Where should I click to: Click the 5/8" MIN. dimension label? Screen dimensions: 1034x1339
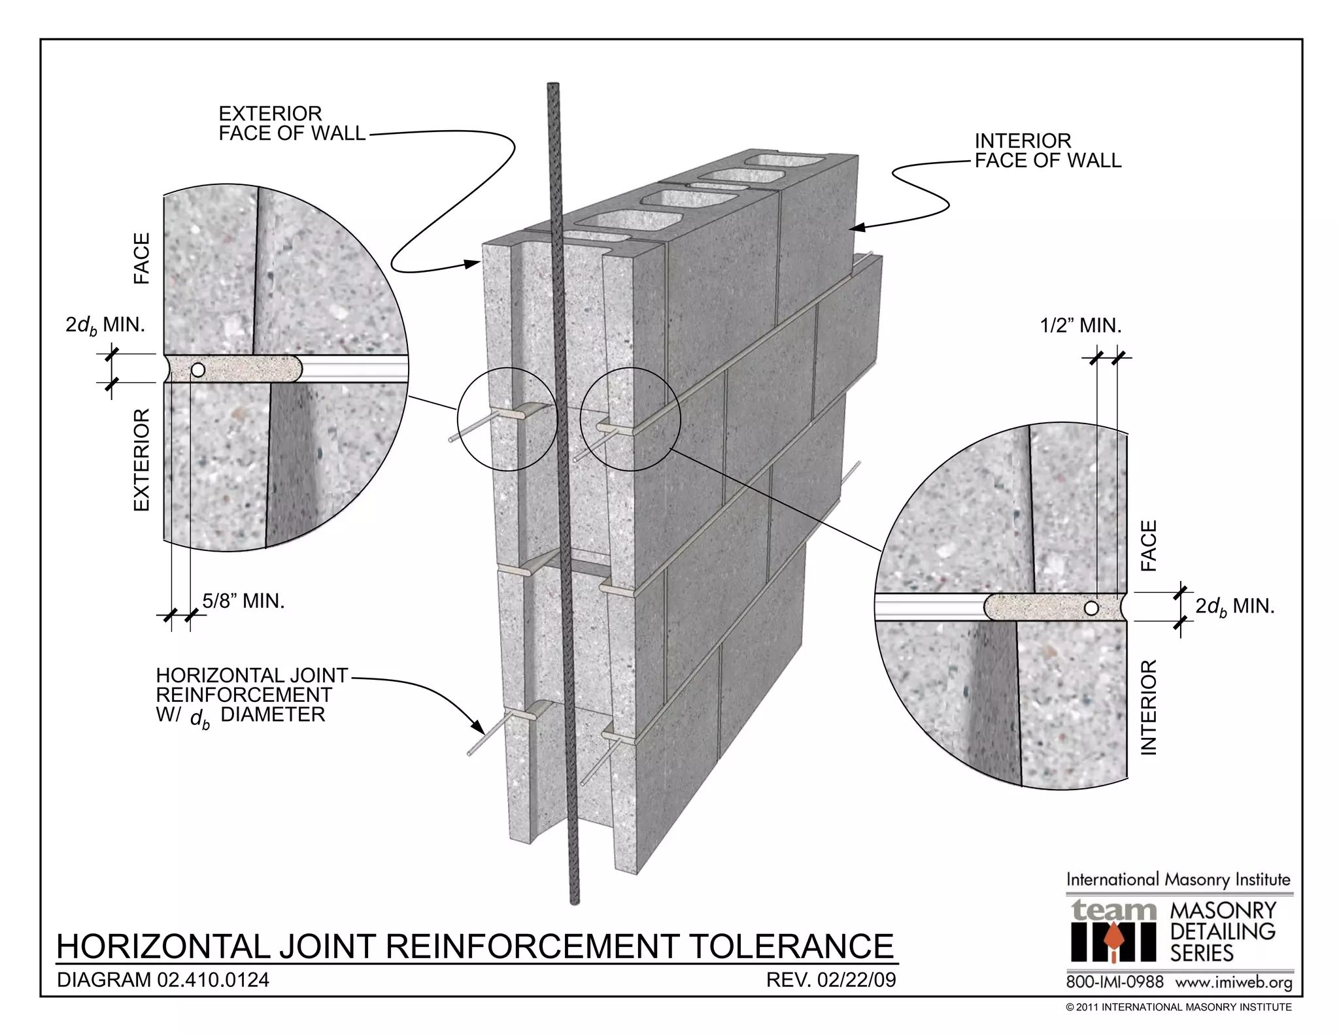[x=243, y=601]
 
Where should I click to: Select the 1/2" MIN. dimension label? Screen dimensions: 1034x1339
[x=1081, y=325]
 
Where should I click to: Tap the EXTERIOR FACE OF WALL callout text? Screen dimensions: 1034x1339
[x=291, y=124]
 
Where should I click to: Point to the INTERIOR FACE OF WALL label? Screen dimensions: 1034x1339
[x=1047, y=150]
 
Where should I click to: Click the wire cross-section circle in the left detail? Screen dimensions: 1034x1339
[x=197, y=370]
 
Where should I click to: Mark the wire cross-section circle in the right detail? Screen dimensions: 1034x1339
[x=1091, y=608]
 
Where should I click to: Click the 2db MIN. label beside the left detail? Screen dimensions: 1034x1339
[x=105, y=325]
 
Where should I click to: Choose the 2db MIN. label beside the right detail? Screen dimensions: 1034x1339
[x=1235, y=607]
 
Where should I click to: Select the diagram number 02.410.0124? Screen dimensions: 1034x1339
[x=213, y=980]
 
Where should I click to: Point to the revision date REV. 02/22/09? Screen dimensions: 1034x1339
[x=830, y=980]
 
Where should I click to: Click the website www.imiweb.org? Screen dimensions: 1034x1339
[x=1234, y=982]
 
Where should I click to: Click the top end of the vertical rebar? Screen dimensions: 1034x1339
[x=554, y=86]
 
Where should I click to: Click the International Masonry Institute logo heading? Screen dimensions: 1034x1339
[x=1178, y=879]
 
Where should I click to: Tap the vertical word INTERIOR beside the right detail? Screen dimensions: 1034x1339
[x=1149, y=707]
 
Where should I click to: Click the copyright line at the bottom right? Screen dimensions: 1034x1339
[x=1178, y=1007]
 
